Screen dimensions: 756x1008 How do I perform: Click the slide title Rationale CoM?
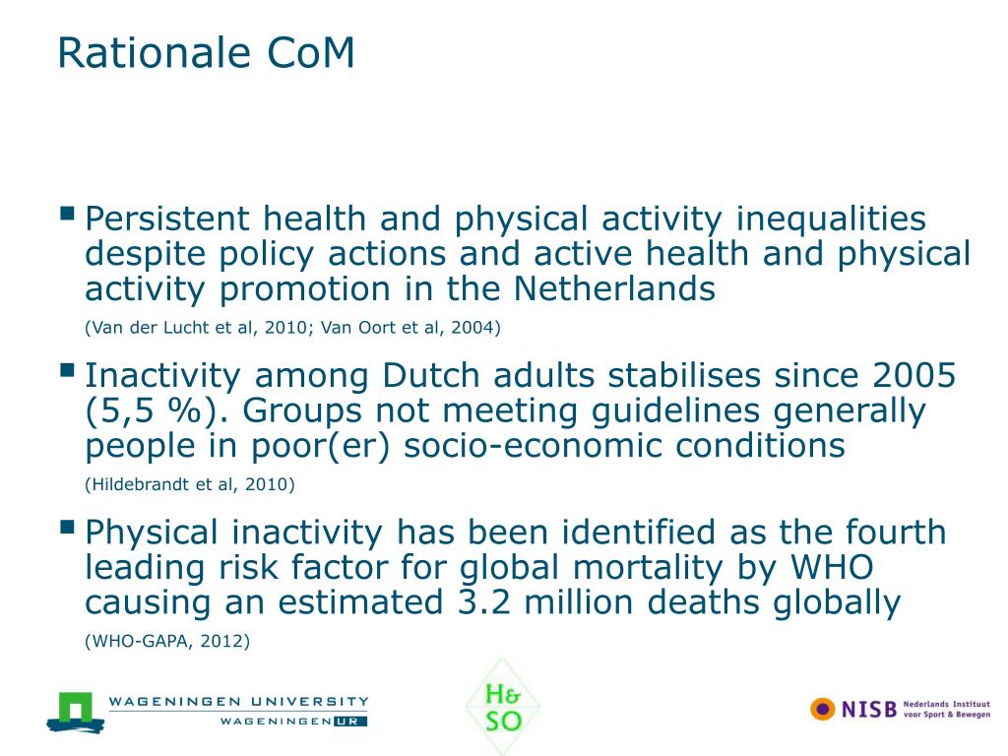click(206, 53)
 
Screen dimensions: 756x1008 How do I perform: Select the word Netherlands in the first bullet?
click(613, 289)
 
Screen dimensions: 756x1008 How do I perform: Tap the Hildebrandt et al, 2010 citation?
click(190, 484)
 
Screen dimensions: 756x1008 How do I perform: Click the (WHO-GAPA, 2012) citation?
click(168, 642)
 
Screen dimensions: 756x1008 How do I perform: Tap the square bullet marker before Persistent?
click(67, 213)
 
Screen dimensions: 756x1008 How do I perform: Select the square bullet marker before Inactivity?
click(67, 369)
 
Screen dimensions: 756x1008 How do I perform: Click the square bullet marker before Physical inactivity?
click(67, 527)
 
